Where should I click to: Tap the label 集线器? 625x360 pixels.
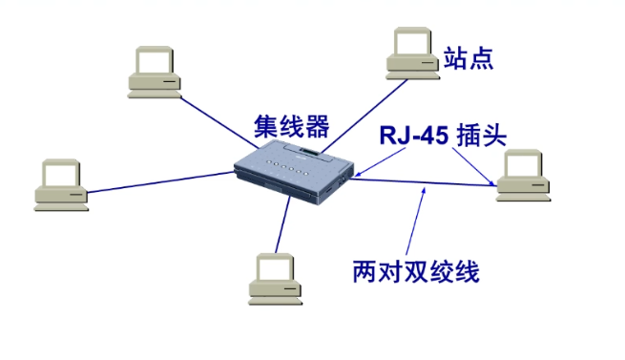pos(291,126)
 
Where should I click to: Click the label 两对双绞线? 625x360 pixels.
pos(415,272)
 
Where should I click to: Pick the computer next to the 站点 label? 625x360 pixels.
pos(412,55)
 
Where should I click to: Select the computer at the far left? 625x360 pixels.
pos(60,186)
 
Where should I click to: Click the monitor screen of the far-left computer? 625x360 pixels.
pos(61,175)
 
